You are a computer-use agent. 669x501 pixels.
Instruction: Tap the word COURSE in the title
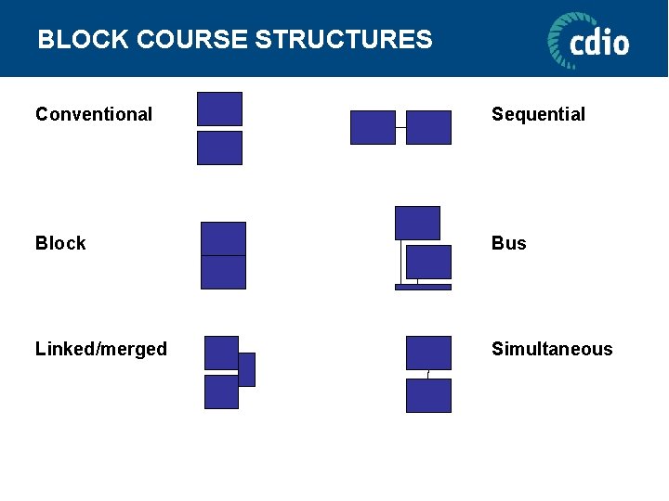(x=190, y=40)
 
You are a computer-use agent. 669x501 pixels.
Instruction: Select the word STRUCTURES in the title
(x=343, y=40)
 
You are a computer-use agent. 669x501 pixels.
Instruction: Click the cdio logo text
(x=599, y=43)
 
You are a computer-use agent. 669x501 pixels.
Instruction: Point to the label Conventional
(x=94, y=114)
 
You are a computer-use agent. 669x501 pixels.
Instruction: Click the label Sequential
(x=538, y=114)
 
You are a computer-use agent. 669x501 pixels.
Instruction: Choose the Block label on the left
(x=60, y=243)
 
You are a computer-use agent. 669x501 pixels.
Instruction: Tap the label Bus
(x=508, y=243)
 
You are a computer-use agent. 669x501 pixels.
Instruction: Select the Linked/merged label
(x=101, y=349)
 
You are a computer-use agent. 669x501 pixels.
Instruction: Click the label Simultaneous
(x=552, y=349)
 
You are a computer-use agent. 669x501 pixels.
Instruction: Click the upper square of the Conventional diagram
(x=219, y=109)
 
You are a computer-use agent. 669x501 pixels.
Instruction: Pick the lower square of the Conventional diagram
(x=219, y=148)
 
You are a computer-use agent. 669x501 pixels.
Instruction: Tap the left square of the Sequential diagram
(x=373, y=127)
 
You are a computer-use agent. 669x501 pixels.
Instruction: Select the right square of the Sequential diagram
(x=428, y=127)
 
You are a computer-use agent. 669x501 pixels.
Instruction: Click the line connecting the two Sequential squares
(x=400, y=127)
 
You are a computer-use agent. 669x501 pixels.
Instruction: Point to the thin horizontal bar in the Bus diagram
(x=423, y=287)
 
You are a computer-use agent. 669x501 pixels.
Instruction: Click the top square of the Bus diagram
(x=417, y=223)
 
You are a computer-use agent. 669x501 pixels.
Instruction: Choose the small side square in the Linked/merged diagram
(x=246, y=369)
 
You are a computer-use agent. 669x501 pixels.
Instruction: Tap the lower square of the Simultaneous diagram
(x=428, y=395)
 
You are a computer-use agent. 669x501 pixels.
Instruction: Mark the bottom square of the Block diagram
(x=223, y=272)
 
